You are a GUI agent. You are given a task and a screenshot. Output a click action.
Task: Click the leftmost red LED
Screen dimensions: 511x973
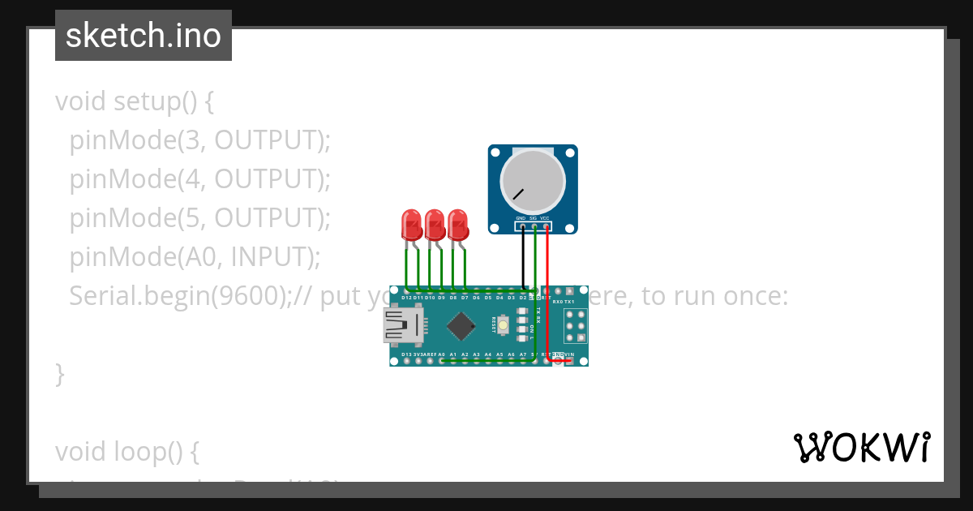[x=412, y=224]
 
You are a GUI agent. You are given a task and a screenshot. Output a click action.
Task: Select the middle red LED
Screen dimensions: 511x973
[x=435, y=224]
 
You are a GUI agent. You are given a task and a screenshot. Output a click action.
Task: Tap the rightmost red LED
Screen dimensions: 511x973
[x=458, y=224]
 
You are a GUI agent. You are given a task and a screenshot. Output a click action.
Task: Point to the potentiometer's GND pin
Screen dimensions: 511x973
[x=522, y=227]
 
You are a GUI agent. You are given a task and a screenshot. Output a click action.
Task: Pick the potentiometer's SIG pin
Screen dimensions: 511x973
[x=534, y=227]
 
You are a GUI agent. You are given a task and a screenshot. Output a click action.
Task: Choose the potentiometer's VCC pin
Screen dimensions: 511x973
[x=547, y=227]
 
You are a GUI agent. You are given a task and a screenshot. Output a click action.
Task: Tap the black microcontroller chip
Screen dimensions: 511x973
[x=461, y=326]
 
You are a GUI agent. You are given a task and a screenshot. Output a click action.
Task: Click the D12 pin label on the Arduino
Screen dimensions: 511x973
[x=406, y=298]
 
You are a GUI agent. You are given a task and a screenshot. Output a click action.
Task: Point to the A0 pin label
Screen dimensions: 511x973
[x=441, y=354]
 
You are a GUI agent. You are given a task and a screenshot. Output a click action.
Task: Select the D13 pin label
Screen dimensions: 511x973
[x=406, y=354]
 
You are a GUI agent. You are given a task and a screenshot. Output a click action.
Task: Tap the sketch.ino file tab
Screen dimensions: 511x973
[x=144, y=36]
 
